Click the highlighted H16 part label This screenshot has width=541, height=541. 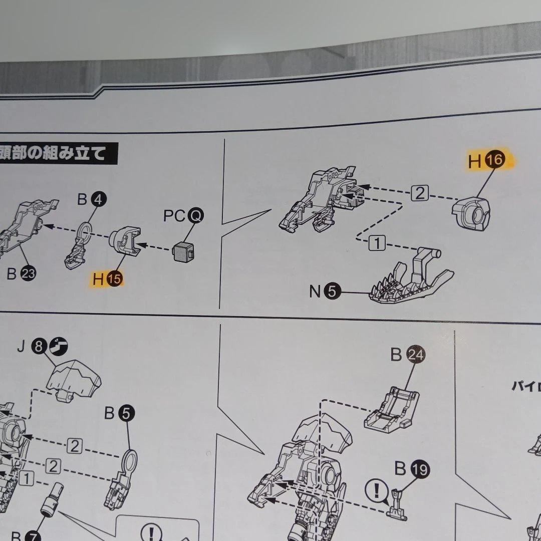[487, 161]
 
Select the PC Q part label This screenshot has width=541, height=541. [183, 216]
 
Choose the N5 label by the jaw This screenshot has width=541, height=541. [324, 291]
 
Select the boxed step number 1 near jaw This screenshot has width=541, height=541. [378, 244]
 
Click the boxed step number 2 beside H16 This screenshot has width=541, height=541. [420, 193]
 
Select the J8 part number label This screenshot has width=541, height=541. [42, 346]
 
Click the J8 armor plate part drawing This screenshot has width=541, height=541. [74, 379]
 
